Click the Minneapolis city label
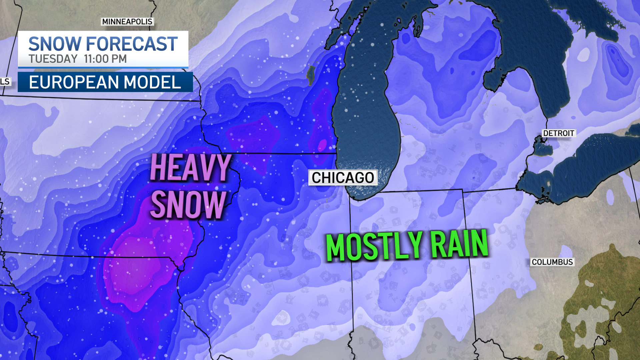[x=127, y=22]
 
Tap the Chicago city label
[x=343, y=178]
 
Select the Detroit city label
[x=559, y=133]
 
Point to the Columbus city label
[x=552, y=262]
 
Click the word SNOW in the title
[x=55, y=44]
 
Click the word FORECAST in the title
[x=132, y=44]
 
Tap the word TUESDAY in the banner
[x=53, y=59]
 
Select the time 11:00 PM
[x=105, y=59]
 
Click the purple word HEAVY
[x=190, y=168]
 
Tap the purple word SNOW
[x=188, y=204]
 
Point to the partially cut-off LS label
[x=5, y=82]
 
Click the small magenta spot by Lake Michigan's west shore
[x=322, y=145]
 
